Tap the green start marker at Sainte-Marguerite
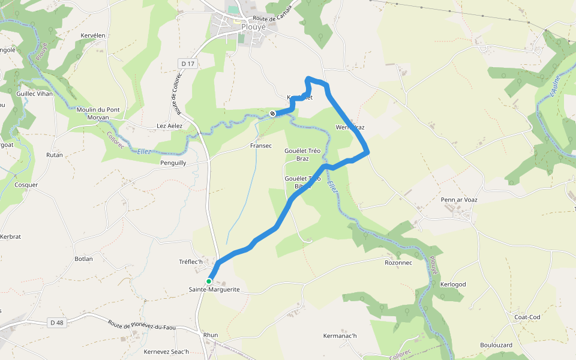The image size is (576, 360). tap(209, 281)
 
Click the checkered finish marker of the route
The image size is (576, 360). tap(273, 113)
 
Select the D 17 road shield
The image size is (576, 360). tap(188, 63)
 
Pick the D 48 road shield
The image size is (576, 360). tap(57, 323)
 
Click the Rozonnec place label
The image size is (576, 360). tap(398, 263)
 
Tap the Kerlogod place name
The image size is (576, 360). tap(453, 284)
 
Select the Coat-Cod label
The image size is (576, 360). tap(527, 317)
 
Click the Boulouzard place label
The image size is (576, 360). tap(496, 345)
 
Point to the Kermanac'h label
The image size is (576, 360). tap(340, 335)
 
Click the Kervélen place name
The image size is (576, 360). tap(93, 35)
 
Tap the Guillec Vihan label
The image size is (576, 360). tap(35, 94)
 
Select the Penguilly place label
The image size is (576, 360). tap(173, 163)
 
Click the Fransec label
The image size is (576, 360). tap(261, 146)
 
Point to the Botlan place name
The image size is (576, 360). tap(83, 259)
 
